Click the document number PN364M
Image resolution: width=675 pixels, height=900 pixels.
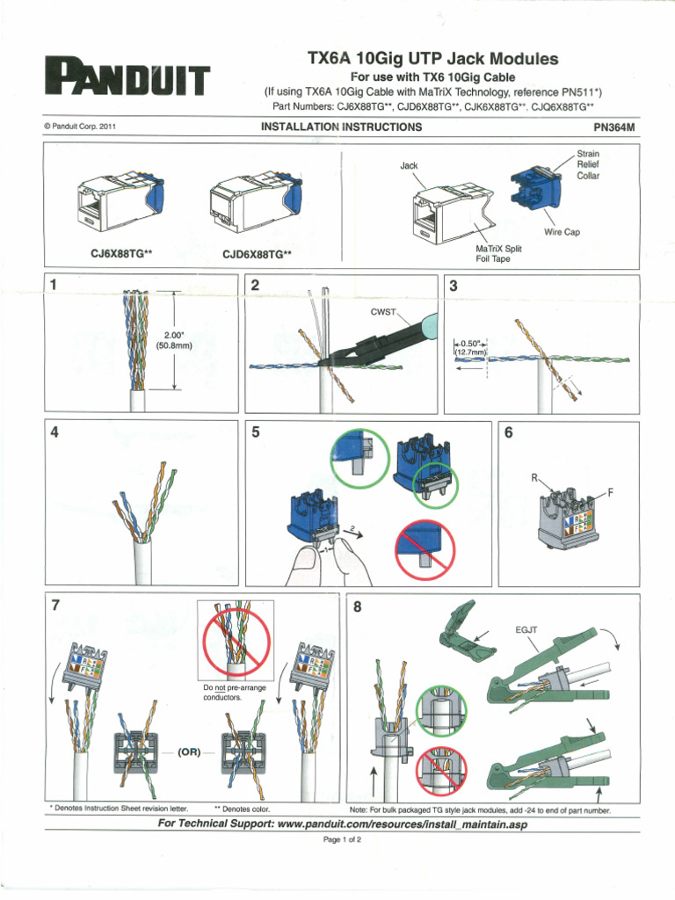pos(615,127)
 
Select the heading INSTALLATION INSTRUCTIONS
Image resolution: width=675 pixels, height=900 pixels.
pos(341,127)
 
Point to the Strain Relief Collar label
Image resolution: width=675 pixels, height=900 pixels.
pos(588,163)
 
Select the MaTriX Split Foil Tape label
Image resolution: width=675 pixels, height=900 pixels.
pos(492,254)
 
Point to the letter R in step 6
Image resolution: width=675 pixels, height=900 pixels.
pos(533,477)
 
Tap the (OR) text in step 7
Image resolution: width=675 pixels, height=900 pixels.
pos(191,753)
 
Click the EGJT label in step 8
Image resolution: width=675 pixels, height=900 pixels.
pos(526,630)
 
